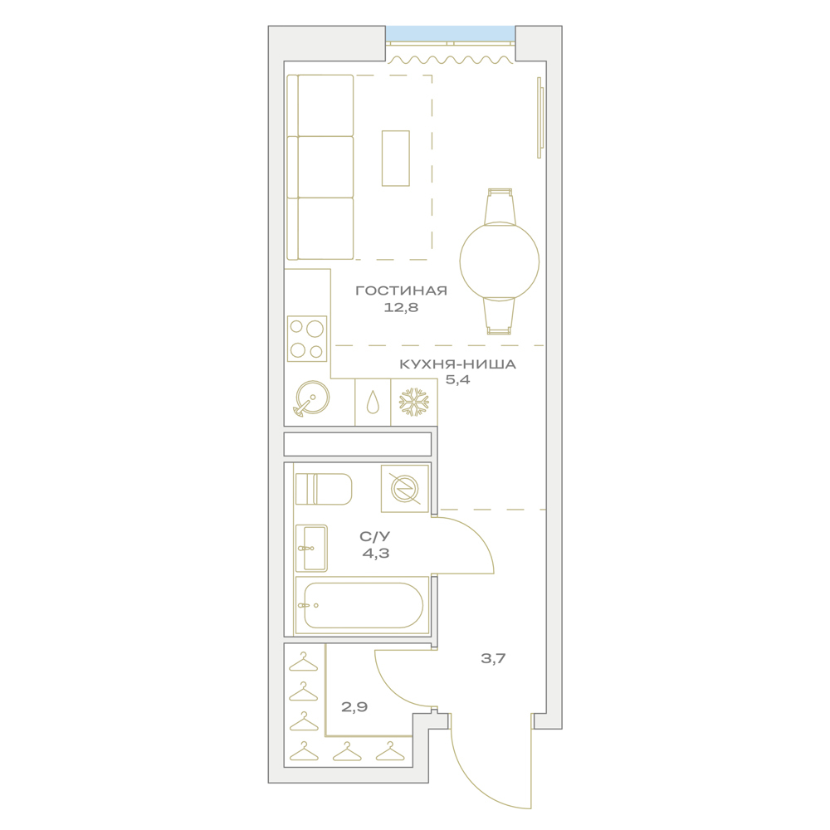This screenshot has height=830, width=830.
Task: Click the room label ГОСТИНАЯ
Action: pos(401,290)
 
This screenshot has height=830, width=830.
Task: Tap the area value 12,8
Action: pos(401,308)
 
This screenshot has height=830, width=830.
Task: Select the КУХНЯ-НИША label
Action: pos(457,364)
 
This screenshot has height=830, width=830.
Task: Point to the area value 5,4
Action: pos(457,379)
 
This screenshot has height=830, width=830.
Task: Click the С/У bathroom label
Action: pos(375,537)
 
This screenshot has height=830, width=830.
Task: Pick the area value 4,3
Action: pos(376,554)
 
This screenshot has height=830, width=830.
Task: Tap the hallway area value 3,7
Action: pos(493,658)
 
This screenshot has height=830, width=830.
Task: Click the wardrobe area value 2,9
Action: pos(354,706)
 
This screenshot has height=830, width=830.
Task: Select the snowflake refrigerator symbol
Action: pos(414,402)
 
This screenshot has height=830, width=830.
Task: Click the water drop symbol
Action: pos(373,403)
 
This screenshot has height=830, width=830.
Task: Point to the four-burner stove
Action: pos(307,339)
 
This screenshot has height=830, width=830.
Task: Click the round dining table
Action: pos(499,261)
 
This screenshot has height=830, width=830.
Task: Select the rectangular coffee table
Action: pos(396,159)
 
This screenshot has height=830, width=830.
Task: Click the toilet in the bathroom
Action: pos(324,489)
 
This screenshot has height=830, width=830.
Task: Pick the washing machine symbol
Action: pos(405,489)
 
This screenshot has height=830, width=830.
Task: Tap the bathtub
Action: pos(362,605)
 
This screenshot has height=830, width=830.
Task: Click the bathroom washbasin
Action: pos(311,549)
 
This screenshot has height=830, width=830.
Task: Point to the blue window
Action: pos(450,33)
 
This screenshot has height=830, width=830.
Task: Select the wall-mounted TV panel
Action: pos(540,118)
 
